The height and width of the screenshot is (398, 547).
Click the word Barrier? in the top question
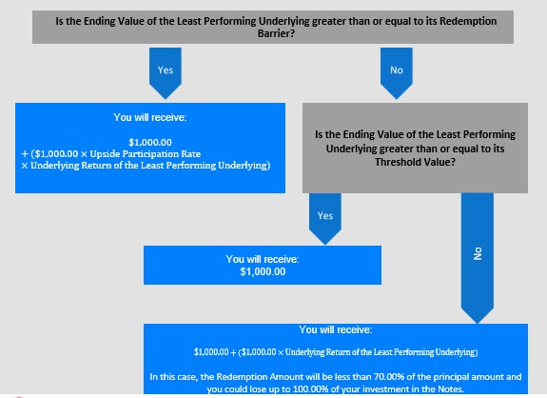(276, 33)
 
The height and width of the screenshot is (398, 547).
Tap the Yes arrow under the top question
(166, 73)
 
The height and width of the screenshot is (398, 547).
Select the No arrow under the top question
(397, 73)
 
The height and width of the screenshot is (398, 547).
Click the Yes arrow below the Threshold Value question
(325, 219)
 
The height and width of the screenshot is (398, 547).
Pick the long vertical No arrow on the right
(478, 258)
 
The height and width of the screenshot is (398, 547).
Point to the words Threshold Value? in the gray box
(415, 162)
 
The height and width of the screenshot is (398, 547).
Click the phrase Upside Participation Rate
(146, 154)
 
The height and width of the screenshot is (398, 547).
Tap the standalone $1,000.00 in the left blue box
(150, 143)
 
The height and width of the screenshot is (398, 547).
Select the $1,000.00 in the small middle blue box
(263, 271)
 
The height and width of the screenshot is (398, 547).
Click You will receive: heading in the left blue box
(150, 117)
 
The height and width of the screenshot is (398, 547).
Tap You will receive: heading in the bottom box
(336, 329)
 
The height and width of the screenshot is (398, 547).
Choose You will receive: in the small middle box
(263, 259)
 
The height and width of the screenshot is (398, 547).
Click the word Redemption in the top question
(468, 21)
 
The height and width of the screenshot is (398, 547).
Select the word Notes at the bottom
(450, 388)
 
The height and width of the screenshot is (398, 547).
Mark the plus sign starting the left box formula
(25, 154)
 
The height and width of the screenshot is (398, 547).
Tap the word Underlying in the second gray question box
(351, 149)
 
